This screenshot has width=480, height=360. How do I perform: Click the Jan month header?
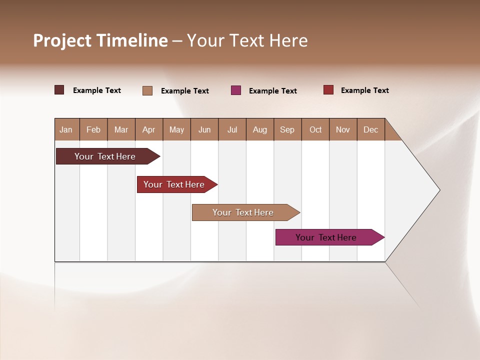point(66,129)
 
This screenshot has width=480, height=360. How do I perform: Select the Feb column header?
point(93,129)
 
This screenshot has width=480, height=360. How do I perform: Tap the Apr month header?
point(148,129)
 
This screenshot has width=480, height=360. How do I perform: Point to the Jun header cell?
point(204,129)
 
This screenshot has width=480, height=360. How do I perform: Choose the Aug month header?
point(259,129)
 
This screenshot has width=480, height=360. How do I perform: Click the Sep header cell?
point(287,129)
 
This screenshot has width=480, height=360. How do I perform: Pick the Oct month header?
point(315,129)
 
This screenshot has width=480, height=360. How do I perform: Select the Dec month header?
point(370,129)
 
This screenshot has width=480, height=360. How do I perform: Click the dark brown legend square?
point(59,90)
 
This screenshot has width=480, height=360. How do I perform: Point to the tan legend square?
point(147,90)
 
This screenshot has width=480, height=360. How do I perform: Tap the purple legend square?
point(236,90)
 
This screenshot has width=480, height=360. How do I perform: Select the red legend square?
point(328,90)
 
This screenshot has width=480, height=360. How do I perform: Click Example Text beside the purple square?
point(272,91)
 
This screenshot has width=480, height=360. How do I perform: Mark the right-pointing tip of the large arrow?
point(439,190)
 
